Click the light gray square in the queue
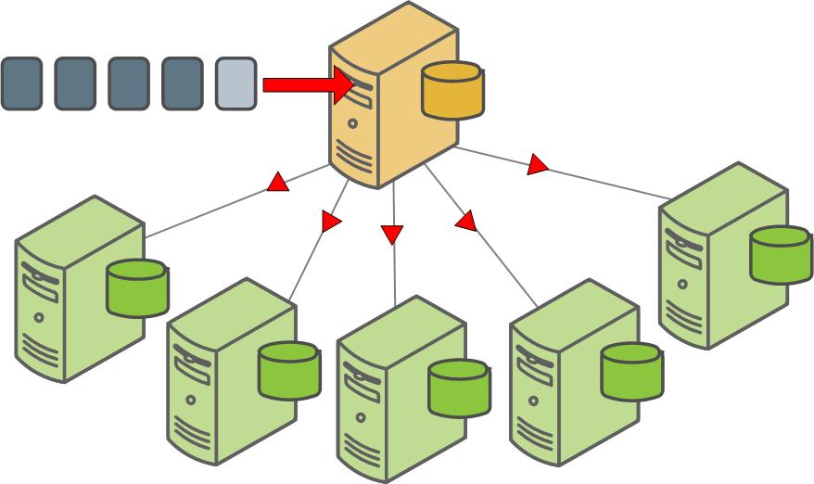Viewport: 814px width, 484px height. [236, 83]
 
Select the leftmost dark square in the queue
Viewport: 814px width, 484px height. [21, 83]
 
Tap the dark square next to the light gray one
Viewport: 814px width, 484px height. [182, 83]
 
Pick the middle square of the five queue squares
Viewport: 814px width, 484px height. [129, 83]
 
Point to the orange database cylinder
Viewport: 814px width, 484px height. [452, 90]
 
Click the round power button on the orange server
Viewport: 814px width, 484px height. [353, 122]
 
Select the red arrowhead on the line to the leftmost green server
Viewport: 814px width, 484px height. [277, 183]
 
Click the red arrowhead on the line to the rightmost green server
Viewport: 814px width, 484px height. [537, 166]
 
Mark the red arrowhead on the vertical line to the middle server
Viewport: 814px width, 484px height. [392, 234]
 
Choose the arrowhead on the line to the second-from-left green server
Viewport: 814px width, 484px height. [331, 222]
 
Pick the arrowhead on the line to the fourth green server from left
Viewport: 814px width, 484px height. [465, 221]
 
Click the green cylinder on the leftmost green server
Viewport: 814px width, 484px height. [137, 287]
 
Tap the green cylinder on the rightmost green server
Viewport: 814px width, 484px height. [781, 254]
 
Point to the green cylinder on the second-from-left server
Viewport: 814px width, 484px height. [289, 371]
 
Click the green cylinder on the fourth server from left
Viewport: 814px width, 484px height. [632, 372]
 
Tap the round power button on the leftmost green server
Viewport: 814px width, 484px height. [39, 317]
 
